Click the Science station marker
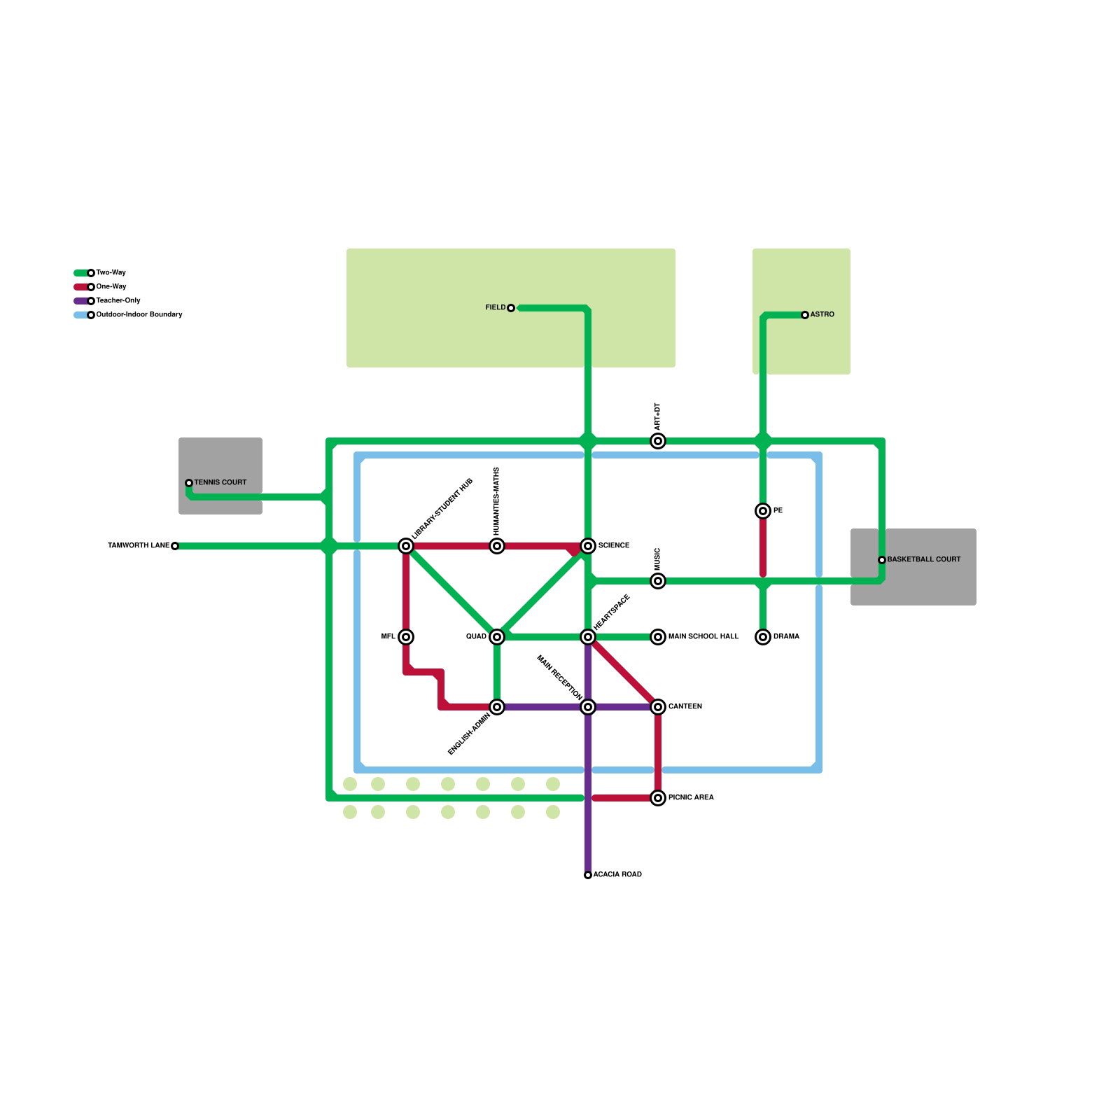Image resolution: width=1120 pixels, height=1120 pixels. coord(588,546)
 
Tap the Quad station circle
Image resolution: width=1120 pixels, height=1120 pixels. coord(497,637)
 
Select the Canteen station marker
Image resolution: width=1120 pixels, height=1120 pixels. coord(658,707)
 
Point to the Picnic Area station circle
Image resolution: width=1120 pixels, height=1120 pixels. coord(658,798)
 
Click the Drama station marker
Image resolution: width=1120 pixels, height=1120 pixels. coord(763,637)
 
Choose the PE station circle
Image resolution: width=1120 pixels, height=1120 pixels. coord(763,511)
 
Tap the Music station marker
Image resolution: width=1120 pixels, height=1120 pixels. coord(658,581)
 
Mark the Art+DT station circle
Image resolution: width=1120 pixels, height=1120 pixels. coord(658,441)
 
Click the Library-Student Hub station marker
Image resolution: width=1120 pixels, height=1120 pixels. coord(406,546)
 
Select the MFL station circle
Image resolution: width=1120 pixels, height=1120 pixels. coord(406,637)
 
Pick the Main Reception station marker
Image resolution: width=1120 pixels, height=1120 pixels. coord(588,707)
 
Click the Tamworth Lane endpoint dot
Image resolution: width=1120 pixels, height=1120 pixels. coord(175,546)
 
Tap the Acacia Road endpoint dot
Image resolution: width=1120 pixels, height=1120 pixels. coord(588,875)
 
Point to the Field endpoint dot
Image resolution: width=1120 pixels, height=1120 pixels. coord(511,308)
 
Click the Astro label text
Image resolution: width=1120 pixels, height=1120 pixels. coord(822,315)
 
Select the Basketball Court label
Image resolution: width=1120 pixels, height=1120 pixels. coord(923,560)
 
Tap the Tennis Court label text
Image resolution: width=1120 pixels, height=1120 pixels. coord(220,483)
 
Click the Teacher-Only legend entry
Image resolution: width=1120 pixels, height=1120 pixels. coord(118,301)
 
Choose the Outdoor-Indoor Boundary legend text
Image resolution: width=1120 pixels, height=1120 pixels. coord(139,315)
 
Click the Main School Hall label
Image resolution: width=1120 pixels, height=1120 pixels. coord(703,637)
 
